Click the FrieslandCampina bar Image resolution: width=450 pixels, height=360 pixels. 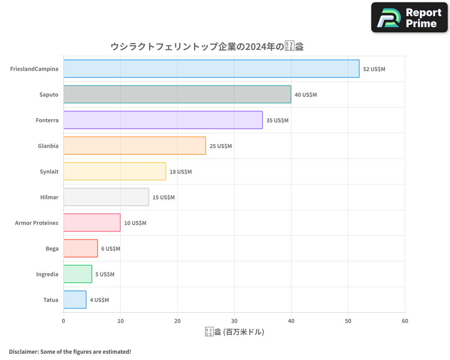click(x=211, y=69)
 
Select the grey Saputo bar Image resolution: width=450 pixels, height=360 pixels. click(x=177, y=94)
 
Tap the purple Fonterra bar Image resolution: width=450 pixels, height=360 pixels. click(x=163, y=120)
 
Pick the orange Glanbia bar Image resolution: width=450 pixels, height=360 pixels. click(x=134, y=146)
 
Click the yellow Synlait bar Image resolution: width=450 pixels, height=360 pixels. click(x=114, y=171)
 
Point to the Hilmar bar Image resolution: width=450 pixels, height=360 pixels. click(x=106, y=197)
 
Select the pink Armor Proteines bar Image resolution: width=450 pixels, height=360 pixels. click(x=92, y=223)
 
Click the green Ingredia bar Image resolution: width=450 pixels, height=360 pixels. click(x=77, y=274)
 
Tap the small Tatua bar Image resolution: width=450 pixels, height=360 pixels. click(x=75, y=300)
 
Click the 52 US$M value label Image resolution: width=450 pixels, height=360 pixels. click(x=374, y=69)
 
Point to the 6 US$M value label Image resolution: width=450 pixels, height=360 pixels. click(x=111, y=249)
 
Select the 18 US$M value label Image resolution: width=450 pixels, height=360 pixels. click(x=180, y=172)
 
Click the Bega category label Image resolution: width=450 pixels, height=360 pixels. click(x=52, y=249)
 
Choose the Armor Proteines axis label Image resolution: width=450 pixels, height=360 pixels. click(x=36, y=223)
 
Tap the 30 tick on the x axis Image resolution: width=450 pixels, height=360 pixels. click(x=234, y=321)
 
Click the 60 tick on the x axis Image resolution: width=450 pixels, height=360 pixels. click(x=405, y=321)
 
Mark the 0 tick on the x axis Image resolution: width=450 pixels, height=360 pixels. click(x=63, y=321)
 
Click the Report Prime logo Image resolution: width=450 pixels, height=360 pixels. click(x=409, y=17)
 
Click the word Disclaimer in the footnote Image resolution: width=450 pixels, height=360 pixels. click(x=23, y=352)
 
